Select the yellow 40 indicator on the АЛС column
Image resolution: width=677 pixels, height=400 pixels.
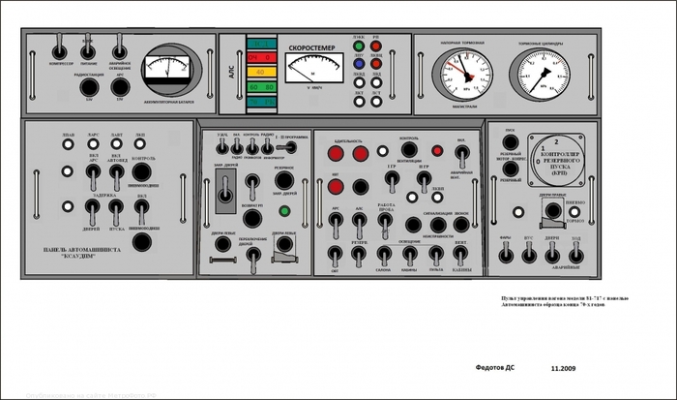coord(261,72)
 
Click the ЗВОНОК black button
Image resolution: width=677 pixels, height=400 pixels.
coord(460,226)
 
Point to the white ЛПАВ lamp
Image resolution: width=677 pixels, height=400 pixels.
coord(67,144)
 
